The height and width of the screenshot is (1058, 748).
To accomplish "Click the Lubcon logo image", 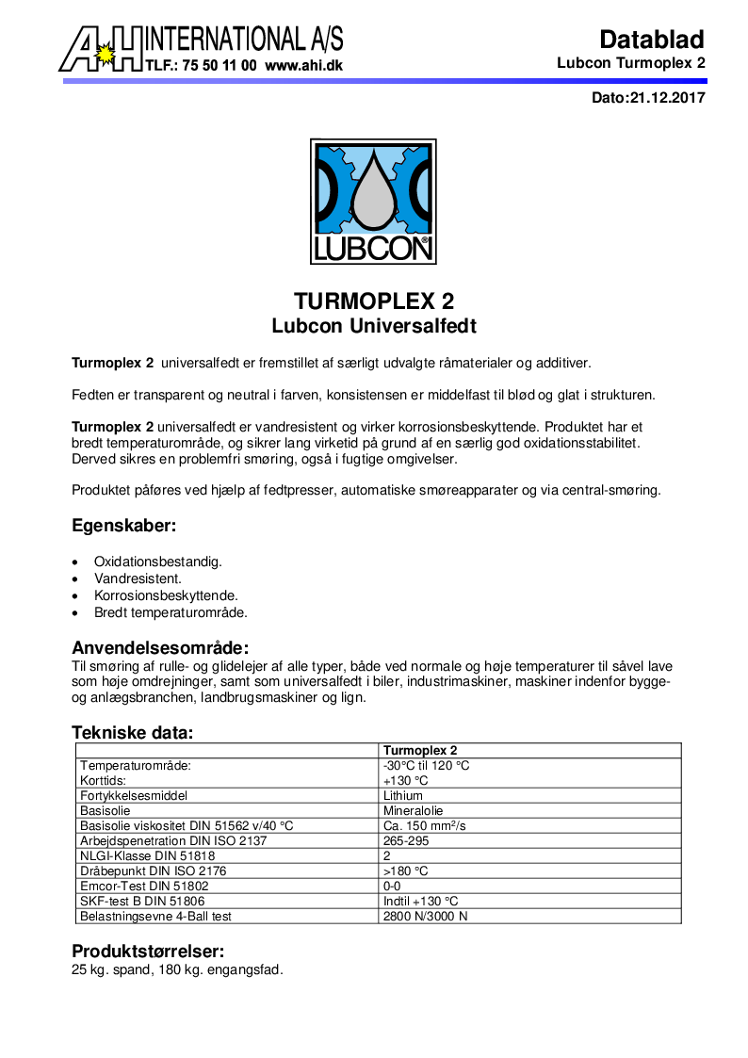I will click(373, 202).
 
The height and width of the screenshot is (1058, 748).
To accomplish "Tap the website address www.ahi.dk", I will click(303, 66).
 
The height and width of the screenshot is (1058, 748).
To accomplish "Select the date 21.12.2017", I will click(666, 97).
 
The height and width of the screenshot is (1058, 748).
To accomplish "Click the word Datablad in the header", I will click(652, 40).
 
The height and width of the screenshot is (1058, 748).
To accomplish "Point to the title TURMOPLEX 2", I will click(374, 301).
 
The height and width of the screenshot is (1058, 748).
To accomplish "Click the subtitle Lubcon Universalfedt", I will click(374, 327).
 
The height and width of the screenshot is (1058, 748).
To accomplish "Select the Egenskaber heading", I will click(124, 526).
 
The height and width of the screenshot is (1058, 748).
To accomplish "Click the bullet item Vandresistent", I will click(138, 578).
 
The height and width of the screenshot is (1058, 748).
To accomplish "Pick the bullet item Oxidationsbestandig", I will click(158, 562).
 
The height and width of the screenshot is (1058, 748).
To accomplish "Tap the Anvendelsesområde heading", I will click(160, 647).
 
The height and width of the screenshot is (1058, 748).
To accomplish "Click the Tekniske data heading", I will click(133, 732).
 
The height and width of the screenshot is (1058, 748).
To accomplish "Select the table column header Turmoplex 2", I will click(419, 751).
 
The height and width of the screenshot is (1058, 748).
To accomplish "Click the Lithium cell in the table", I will click(403, 796).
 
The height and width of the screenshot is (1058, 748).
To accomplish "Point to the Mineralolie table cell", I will click(413, 811).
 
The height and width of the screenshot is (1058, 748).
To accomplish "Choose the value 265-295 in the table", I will click(406, 841).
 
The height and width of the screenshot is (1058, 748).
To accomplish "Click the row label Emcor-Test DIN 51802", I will click(144, 887).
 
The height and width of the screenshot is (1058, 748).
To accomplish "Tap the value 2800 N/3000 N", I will click(425, 917).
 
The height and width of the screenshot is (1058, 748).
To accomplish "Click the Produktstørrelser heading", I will click(148, 952).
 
